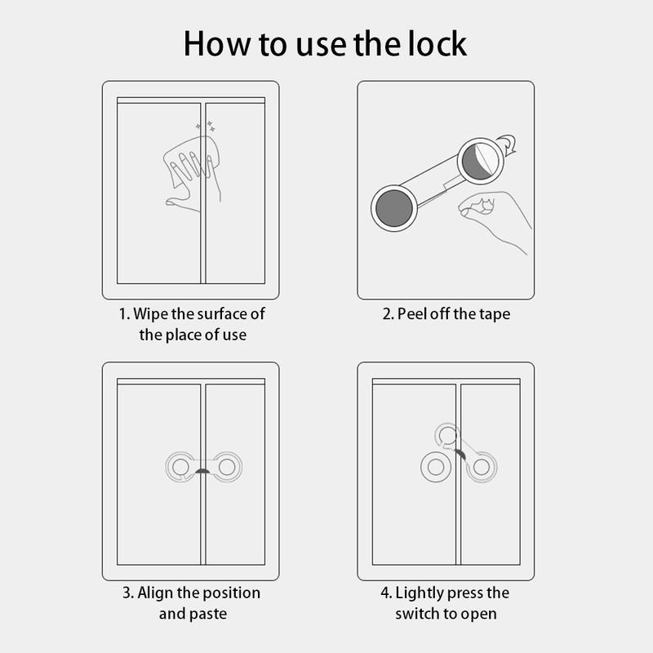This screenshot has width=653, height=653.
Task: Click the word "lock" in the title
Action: tap(438, 43)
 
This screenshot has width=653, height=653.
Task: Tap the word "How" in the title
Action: tap(217, 43)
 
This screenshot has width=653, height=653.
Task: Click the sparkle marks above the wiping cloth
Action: tap(206, 127)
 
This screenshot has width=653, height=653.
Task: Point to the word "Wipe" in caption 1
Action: tap(151, 313)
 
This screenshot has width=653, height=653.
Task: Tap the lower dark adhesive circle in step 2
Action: tap(394, 208)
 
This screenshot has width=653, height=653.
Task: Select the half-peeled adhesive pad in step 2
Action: tap(481, 161)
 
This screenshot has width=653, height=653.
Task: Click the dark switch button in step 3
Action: tap(202, 471)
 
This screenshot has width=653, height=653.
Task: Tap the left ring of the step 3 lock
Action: tap(180, 467)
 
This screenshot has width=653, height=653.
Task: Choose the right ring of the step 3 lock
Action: tap(227, 467)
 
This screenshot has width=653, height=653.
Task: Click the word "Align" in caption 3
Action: tap(154, 593)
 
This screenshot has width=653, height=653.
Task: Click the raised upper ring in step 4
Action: tap(447, 435)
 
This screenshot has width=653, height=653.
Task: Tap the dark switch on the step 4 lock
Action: tap(460, 455)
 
